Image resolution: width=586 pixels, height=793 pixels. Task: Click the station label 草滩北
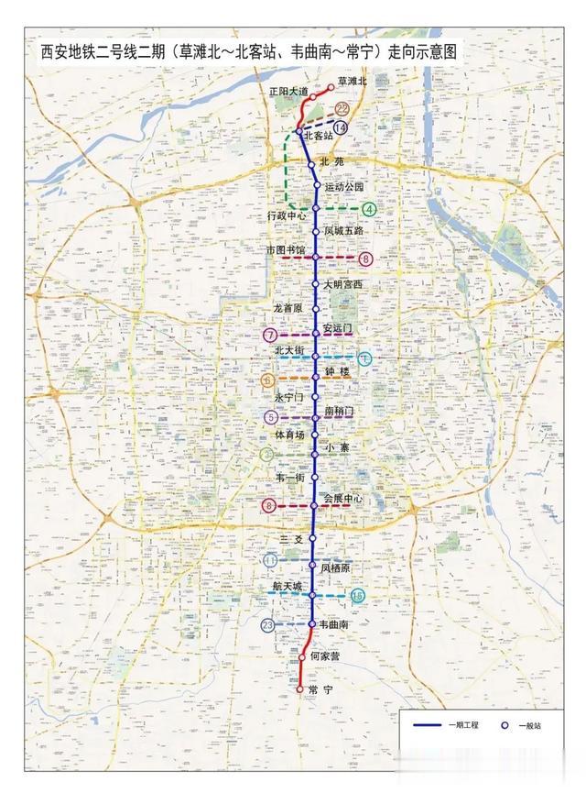tap(352, 82)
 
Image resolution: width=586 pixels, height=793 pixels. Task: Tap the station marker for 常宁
tap(299, 688)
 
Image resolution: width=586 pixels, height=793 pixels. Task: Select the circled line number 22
tap(342, 109)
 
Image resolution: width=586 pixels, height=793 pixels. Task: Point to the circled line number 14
tap(342, 128)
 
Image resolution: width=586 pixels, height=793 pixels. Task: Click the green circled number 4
tap(369, 209)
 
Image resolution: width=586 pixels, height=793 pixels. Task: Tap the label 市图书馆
tap(285, 249)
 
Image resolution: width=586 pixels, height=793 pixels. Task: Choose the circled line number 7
tap(269, 336)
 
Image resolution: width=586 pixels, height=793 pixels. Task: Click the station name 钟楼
tap(338, 371)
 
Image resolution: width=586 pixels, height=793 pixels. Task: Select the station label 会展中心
tap(343, 499)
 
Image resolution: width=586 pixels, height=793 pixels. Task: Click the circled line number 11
tap(269, 560)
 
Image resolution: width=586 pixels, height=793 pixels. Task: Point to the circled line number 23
tap(267, 625)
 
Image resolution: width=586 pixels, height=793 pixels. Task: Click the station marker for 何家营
tap(301, 657)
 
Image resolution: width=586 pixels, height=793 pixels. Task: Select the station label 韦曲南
tap(334, 624)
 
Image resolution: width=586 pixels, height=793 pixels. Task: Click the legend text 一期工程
tap(463, 725)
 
